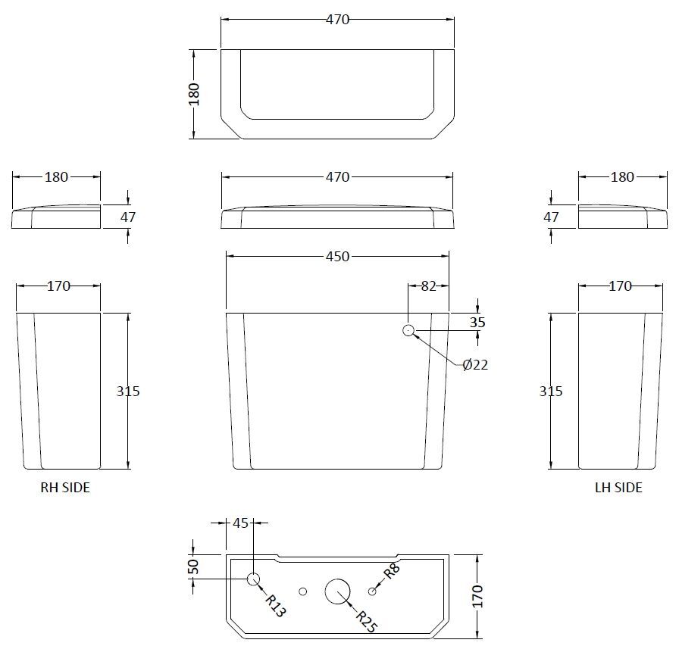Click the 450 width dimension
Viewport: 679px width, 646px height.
tap(337, 256)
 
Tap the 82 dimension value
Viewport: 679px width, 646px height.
tap(428, 286)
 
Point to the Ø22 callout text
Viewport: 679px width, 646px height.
tap(475, 365)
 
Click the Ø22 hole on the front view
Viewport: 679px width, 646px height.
tap(408, 330)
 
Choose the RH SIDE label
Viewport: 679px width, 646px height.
tap(64, 488)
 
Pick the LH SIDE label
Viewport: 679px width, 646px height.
tap(618, 488)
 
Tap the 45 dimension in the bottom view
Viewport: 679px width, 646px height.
tap(240, 523)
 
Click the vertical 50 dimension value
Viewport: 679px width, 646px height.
tap(192, 566)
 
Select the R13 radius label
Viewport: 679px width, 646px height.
tap(276, 605)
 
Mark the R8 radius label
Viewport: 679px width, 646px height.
tap(392, 571)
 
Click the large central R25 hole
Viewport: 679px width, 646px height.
tap(338, 591)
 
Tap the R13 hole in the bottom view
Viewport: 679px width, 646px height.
tap(254, 580)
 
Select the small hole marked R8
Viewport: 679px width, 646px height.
tap(371, 591)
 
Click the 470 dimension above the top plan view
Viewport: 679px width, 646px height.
tap(337, 20)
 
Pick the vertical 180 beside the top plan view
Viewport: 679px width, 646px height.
tap(193, 94)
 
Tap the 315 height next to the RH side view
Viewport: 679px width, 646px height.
tap(128, 392)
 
